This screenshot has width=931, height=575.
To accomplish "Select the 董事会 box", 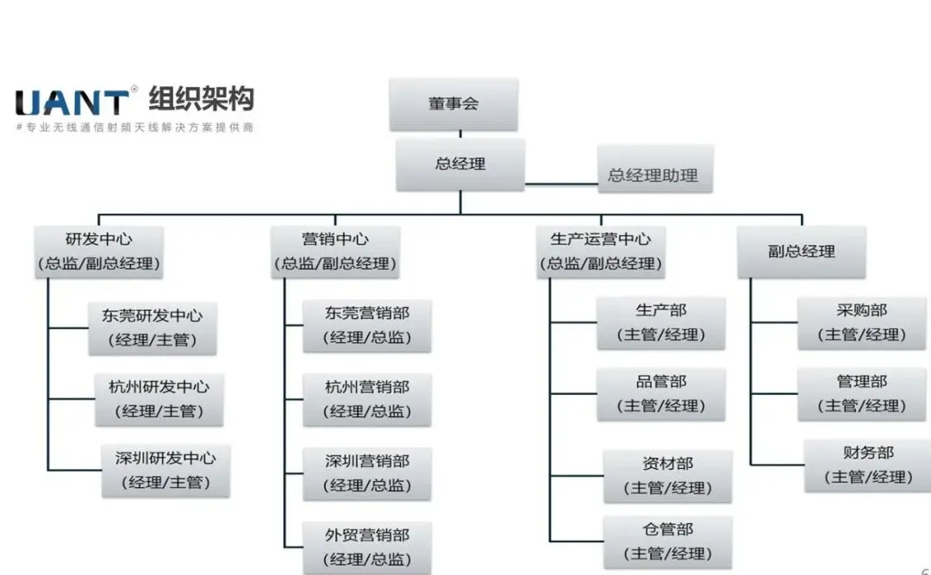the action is (453, 104).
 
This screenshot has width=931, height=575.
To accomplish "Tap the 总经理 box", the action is (460, 165).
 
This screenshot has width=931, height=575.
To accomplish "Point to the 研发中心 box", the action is (99, 251).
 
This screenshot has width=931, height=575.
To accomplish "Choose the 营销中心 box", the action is (334, 251).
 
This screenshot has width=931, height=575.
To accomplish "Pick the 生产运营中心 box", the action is (601, 251).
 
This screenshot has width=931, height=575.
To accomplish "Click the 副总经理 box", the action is (802, 252).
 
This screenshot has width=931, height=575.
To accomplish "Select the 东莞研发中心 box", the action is (153, 328).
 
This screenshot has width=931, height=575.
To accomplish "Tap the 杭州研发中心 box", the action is (159, 398).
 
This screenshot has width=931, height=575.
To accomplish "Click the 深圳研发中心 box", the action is (166, 470).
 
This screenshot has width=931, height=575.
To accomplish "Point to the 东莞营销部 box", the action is (366, 325).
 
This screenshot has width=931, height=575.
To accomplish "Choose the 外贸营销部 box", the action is (366, 547).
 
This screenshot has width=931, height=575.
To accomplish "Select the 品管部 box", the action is (661, 394).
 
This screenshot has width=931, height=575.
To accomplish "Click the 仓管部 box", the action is (667, 541).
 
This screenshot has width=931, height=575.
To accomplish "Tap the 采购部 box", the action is (861, 322).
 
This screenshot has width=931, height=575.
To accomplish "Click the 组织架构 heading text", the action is (201, 99).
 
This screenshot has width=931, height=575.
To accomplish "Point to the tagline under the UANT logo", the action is (134, 127).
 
